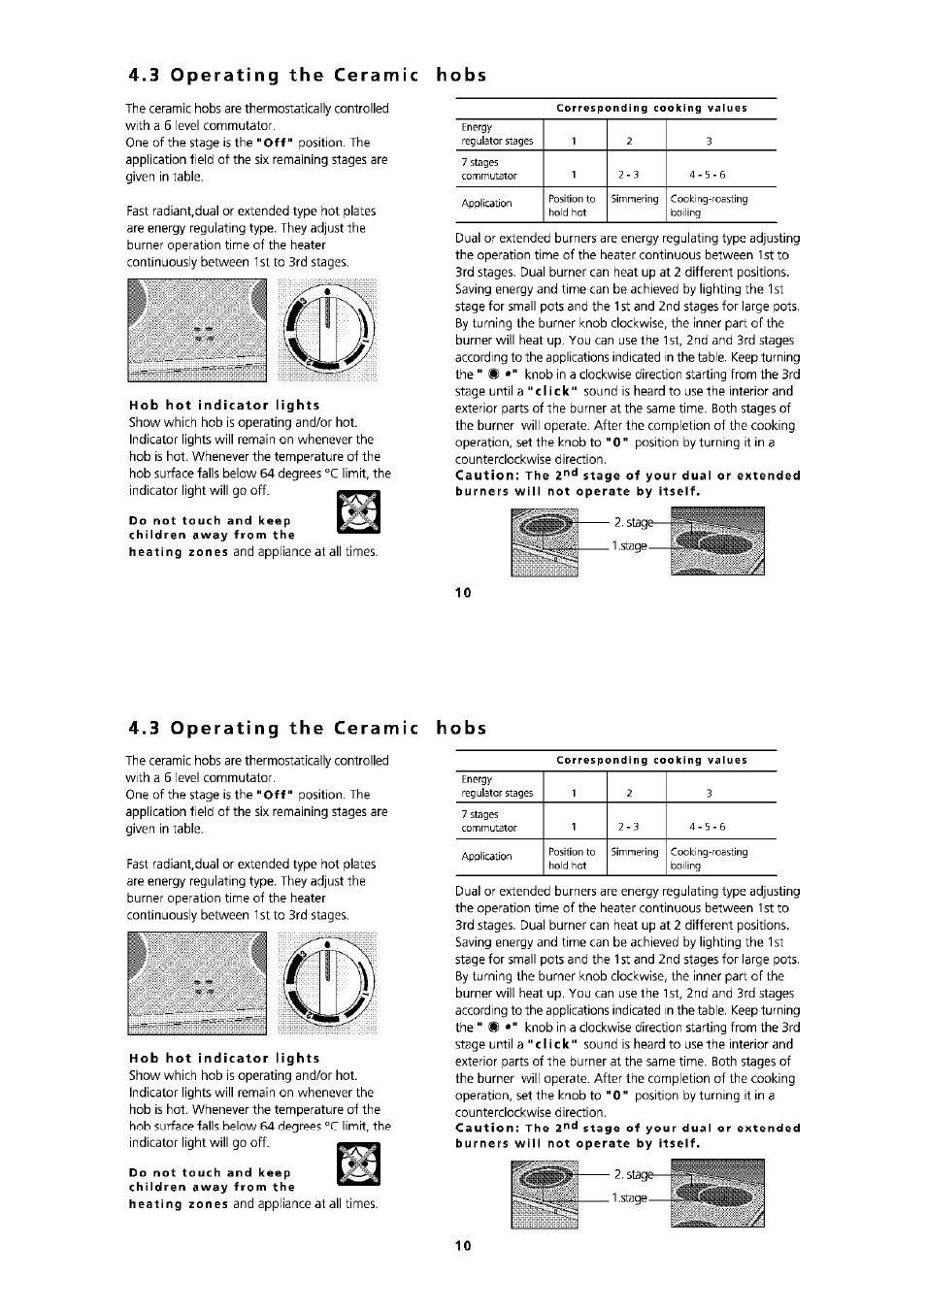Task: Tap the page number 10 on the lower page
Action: coord(463,1245)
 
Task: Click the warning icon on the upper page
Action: coord(358,512)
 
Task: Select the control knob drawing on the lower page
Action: coord(327,982)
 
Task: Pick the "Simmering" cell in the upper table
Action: coord(635,199)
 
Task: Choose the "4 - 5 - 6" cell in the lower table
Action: coord(708,828)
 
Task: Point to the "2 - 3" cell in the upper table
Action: coord(628,176)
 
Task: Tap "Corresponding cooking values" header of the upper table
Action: coord(651,109)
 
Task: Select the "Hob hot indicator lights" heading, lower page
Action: coord(224,1058)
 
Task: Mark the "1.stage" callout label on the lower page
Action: coord(629,1198)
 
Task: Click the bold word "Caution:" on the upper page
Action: coord(487,475)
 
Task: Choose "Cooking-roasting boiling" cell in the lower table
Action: coord(709,859)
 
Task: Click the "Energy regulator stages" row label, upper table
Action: coord(496,135)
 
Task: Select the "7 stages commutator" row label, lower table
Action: coord(489,821)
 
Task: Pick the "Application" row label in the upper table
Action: coord(486,204)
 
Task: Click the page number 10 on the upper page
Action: coord(463,592)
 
